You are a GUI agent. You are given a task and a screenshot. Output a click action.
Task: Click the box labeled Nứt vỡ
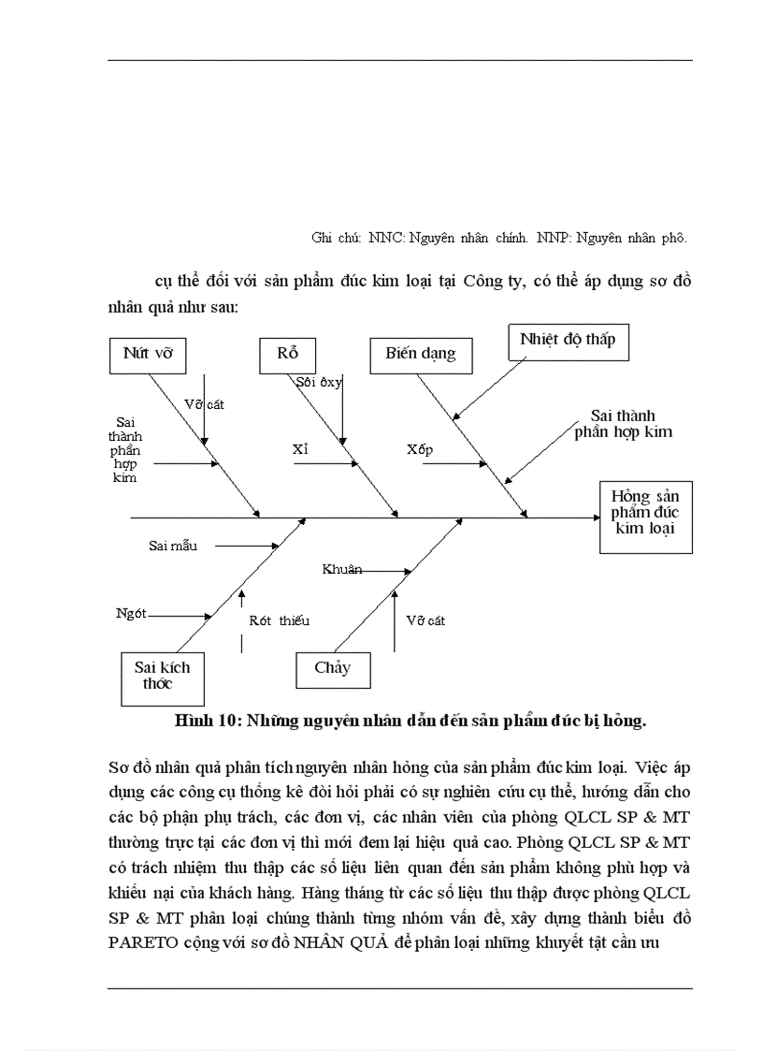[x=148, y=355]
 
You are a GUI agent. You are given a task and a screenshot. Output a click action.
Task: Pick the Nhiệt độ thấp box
[x=568, y=341]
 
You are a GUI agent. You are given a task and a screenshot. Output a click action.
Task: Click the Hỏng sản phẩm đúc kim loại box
[x=645, y=518]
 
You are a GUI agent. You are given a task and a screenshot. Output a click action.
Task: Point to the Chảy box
[x=332, y=669]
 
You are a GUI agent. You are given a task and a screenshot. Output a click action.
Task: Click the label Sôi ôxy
[x=319, y=382]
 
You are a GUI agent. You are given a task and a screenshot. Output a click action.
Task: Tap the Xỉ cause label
[x=300, y=449]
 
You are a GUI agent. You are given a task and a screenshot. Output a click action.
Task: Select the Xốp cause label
[x=420, y=449]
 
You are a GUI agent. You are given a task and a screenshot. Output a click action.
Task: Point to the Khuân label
[x=341, y=569]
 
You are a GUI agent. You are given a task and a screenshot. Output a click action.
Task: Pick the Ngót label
[x=131, y=614]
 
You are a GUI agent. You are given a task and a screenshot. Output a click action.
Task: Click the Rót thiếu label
[x=279, y=620]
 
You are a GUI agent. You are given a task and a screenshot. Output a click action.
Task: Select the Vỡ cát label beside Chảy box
[x=425, y=620]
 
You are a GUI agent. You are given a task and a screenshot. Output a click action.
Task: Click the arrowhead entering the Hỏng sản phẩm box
[x=592, y=517]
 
